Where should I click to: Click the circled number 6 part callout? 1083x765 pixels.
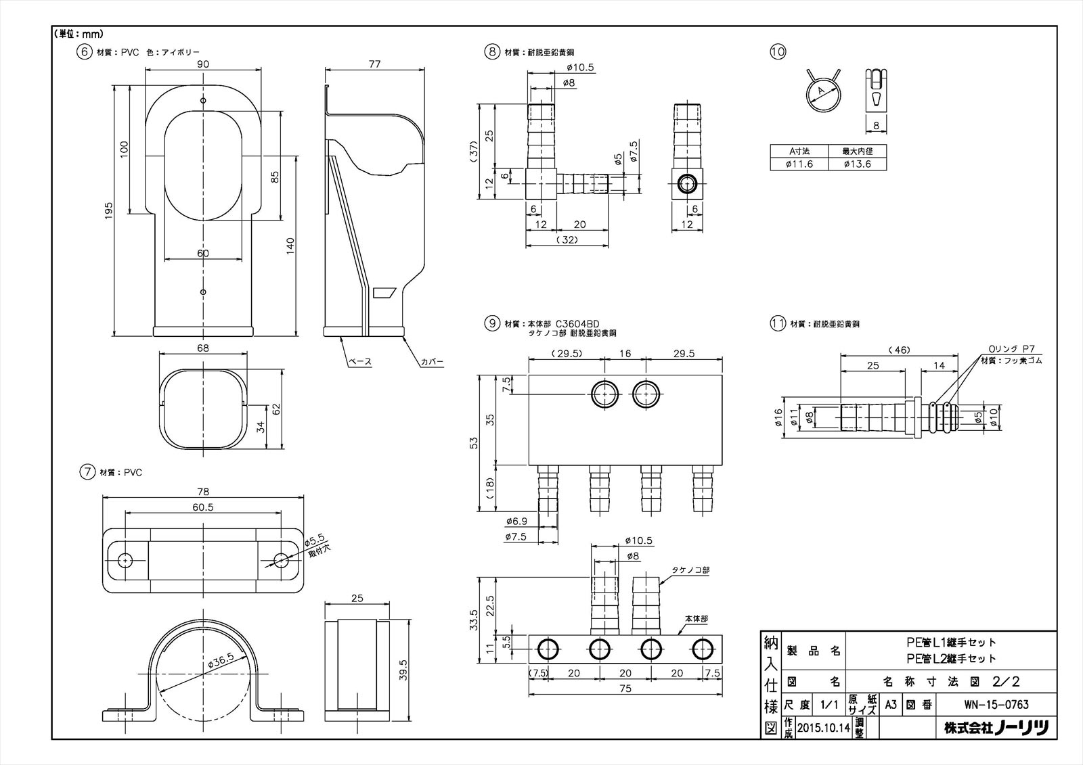(x=85, y=51)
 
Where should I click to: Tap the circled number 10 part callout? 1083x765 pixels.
(x=778, y=51)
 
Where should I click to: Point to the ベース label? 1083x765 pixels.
(x=359, y=362)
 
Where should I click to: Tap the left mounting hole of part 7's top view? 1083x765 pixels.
(x=125, y=561)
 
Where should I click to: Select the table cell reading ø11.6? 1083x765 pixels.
(x=799, y=164)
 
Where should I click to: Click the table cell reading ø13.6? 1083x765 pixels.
(x=857, y=164)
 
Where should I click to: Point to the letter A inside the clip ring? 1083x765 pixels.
(x=820, y=91)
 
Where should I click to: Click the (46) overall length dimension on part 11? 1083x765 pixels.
(x=901, y=350)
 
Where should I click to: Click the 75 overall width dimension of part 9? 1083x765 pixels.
(x=625, y=689)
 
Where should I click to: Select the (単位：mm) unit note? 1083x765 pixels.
(x=77, y=33)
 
